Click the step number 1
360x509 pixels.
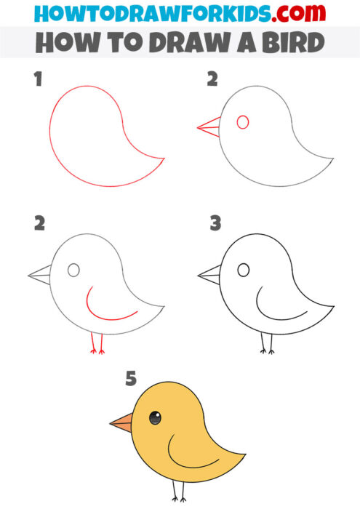(38, 79)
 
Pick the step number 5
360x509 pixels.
(131, 378)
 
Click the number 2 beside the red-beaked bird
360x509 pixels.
(212, 79)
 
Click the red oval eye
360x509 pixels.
(243, 122)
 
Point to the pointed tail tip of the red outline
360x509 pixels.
(163, 158)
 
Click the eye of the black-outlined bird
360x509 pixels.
(244, 270)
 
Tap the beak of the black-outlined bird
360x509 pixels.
(209, 274)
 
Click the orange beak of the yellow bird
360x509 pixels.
(121, 421)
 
